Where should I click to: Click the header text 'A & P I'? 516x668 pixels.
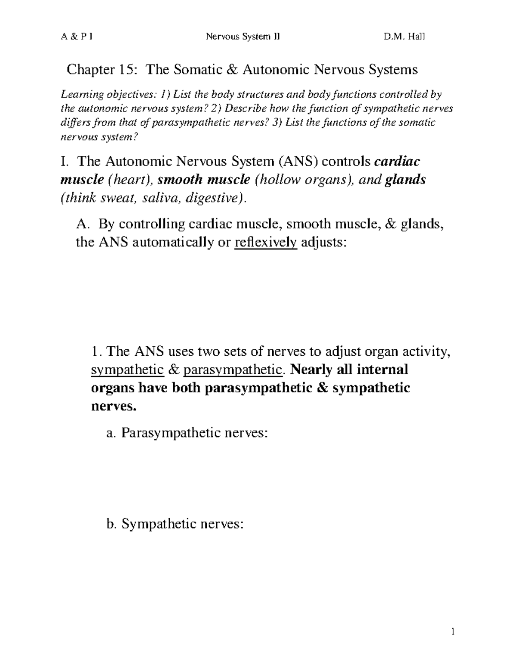coord(76,37)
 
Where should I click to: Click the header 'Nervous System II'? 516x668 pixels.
coord(243,37)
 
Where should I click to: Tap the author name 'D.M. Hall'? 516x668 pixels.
coord(404,37)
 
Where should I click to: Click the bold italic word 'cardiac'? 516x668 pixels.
coord(397,161)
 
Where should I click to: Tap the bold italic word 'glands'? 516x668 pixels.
coord(405,180)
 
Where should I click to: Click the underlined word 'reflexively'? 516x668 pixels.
coord(265,242)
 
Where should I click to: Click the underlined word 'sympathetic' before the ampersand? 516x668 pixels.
coord(128,369)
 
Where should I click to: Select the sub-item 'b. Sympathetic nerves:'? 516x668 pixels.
coord(175,524)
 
